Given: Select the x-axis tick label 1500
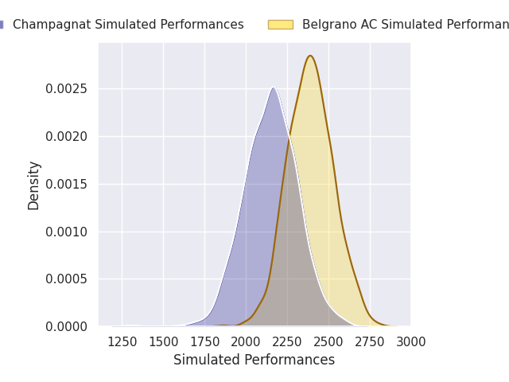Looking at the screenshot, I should point(163,342).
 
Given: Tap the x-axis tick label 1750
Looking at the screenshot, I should point(204,342).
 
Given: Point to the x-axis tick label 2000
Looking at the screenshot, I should point(246,342).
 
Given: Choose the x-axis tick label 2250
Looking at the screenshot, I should point(287,342).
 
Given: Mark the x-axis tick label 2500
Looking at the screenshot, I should point(328,342).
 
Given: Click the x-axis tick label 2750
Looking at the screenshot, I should point(370,342).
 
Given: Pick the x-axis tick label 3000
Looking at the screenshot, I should point(410,342).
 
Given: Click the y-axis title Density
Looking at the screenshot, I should point(34,185).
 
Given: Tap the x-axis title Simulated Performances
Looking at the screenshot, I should point(254,361).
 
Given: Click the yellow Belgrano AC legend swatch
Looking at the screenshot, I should point(280,25).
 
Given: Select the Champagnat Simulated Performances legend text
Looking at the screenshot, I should point(128,25).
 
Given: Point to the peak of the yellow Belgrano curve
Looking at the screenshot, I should point(310,56).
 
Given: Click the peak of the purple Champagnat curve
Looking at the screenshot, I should point(273,88).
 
